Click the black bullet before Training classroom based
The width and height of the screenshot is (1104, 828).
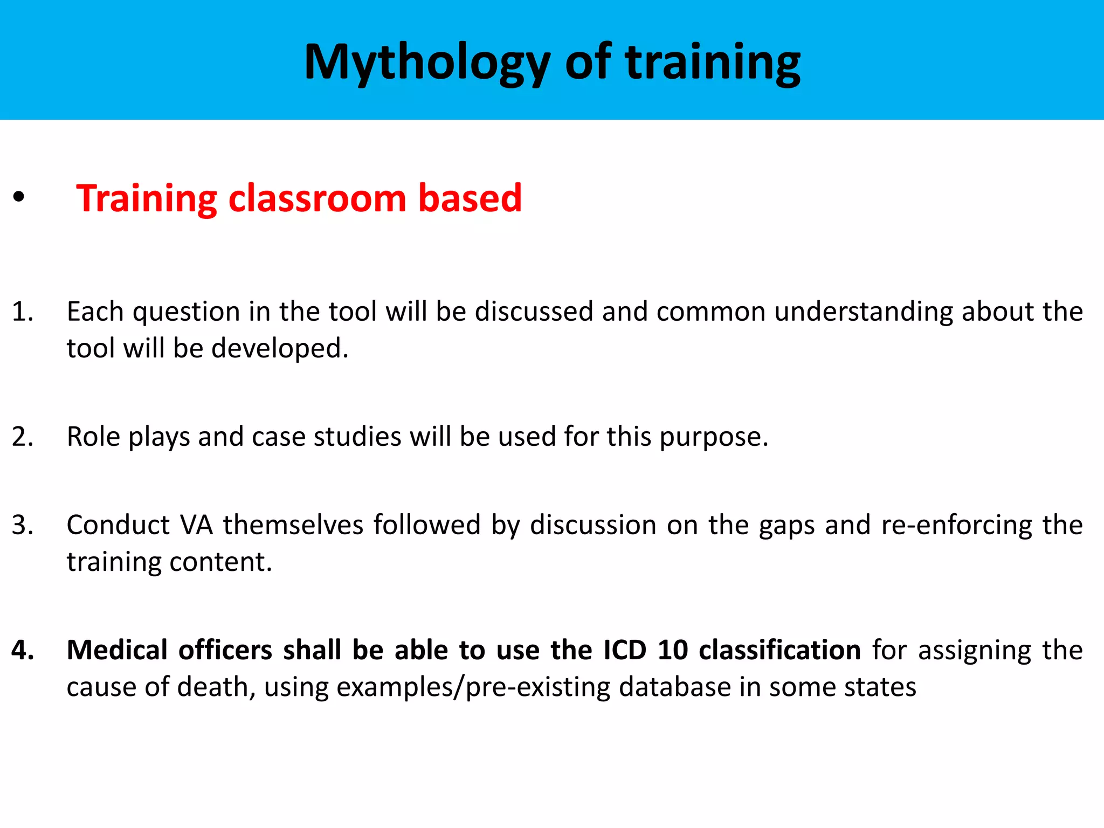tap(19, 198)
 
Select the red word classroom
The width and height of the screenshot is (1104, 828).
tap(317, 198)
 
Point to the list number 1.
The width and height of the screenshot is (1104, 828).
tap(22, 312)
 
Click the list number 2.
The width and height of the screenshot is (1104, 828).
tap(22, 437)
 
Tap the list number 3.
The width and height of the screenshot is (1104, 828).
tap(22, 525)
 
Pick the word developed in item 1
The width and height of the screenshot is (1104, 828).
tap(280, 349)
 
